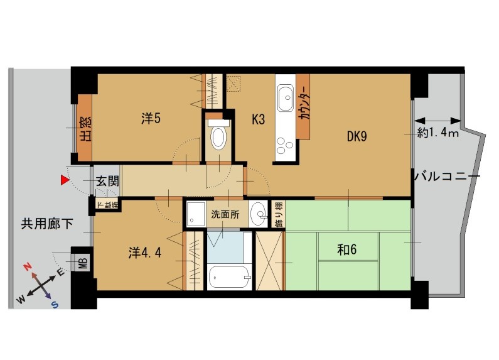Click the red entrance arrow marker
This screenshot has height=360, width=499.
click(x=65, y=180)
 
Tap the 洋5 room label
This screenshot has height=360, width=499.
click(x=151, y=119)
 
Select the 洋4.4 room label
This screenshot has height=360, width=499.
click(x=145, y=253)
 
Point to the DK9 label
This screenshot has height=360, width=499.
click(x=357, y=137)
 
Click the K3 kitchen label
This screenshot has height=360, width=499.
click(x=258, y=120)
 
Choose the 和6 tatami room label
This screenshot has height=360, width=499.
click(x=347, y=249)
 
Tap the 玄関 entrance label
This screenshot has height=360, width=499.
click(x=107, y=182)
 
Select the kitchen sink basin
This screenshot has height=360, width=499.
click(x=285, y=98)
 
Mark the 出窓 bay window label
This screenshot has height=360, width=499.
click(x=85, y=129)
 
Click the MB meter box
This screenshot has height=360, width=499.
click(x=83, y=263)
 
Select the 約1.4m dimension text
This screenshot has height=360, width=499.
click(x=438, y=133)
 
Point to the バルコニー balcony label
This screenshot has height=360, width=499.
click(x=447, y=176)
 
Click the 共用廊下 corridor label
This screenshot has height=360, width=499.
click(x=47, y=224)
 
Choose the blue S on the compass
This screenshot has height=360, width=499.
click(x=55, y=305)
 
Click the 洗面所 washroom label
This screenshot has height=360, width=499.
click(x=225, y=214)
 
